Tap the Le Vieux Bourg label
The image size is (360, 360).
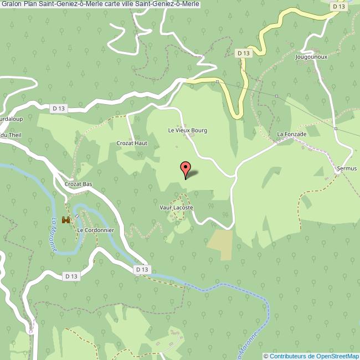pos(187,130)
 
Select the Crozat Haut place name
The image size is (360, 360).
pos(132,143)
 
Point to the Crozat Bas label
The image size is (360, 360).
pos(78,184)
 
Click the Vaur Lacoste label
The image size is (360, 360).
pos(176,208)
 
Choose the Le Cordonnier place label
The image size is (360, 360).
pos(95,230)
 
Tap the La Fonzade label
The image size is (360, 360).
pos(291,134)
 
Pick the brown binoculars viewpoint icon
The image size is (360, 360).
pos(66,220)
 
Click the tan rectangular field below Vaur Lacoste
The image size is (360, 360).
pos(220,244)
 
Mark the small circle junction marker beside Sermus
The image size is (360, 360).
pos(337,172)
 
